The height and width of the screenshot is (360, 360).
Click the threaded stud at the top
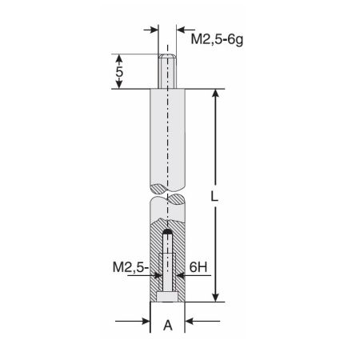167,70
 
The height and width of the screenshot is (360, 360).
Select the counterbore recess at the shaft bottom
167,297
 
